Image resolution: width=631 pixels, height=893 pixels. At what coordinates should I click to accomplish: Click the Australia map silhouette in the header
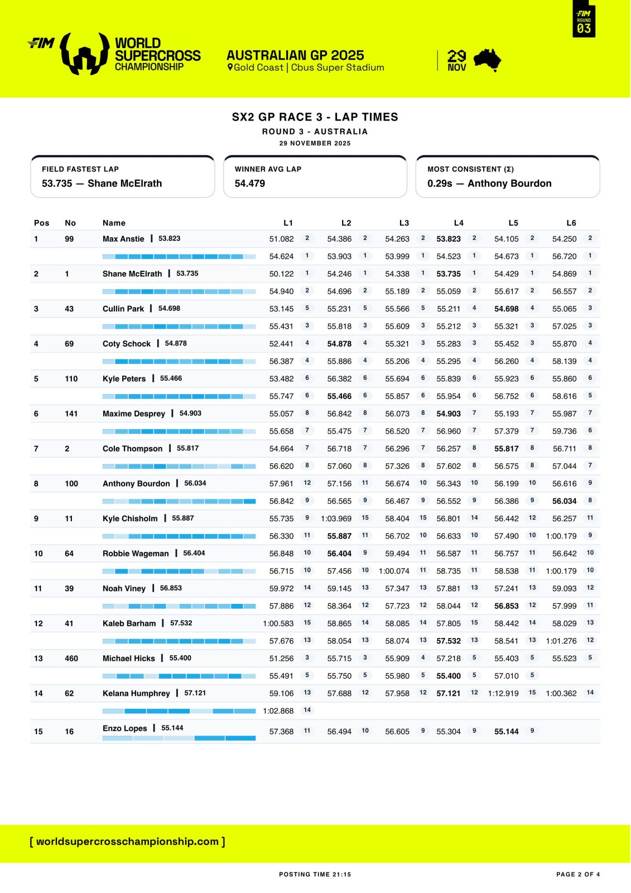[487, 60]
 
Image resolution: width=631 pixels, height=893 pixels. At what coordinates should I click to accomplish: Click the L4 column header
[459, 223]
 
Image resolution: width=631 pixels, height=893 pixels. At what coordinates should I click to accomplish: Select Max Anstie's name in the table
[123, 239]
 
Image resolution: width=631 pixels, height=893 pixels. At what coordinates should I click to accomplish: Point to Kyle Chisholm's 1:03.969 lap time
[336, 518]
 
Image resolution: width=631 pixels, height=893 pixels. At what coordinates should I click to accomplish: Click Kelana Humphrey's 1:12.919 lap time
[503, 693]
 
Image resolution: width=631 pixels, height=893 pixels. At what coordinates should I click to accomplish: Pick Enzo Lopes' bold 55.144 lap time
[506, 731]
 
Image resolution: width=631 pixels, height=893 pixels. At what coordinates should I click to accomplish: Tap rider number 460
[71, 659]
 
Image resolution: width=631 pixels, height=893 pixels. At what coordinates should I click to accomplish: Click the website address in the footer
[127, 842]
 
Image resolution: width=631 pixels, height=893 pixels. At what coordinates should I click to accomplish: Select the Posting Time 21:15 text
[315, 875]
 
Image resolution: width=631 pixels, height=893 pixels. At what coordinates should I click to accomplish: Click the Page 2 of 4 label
[578, 875]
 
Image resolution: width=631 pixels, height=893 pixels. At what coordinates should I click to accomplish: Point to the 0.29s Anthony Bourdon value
[489, 184]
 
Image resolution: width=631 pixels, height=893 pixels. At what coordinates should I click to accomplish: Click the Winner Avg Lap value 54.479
[250, 184]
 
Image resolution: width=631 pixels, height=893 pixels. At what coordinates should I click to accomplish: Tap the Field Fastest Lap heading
[80, 169]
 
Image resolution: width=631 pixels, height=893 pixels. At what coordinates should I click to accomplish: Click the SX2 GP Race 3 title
[315, 117]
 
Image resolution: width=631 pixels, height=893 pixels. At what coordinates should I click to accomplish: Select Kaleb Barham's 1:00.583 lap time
[278, 623]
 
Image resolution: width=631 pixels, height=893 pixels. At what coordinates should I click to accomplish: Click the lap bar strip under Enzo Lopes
[179, 738]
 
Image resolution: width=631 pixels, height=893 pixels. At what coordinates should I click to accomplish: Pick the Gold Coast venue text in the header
[306, 68]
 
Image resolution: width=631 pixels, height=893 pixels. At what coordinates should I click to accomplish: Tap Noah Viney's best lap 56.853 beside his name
[171, 588]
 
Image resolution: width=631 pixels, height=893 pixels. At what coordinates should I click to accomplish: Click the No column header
[70, 223]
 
